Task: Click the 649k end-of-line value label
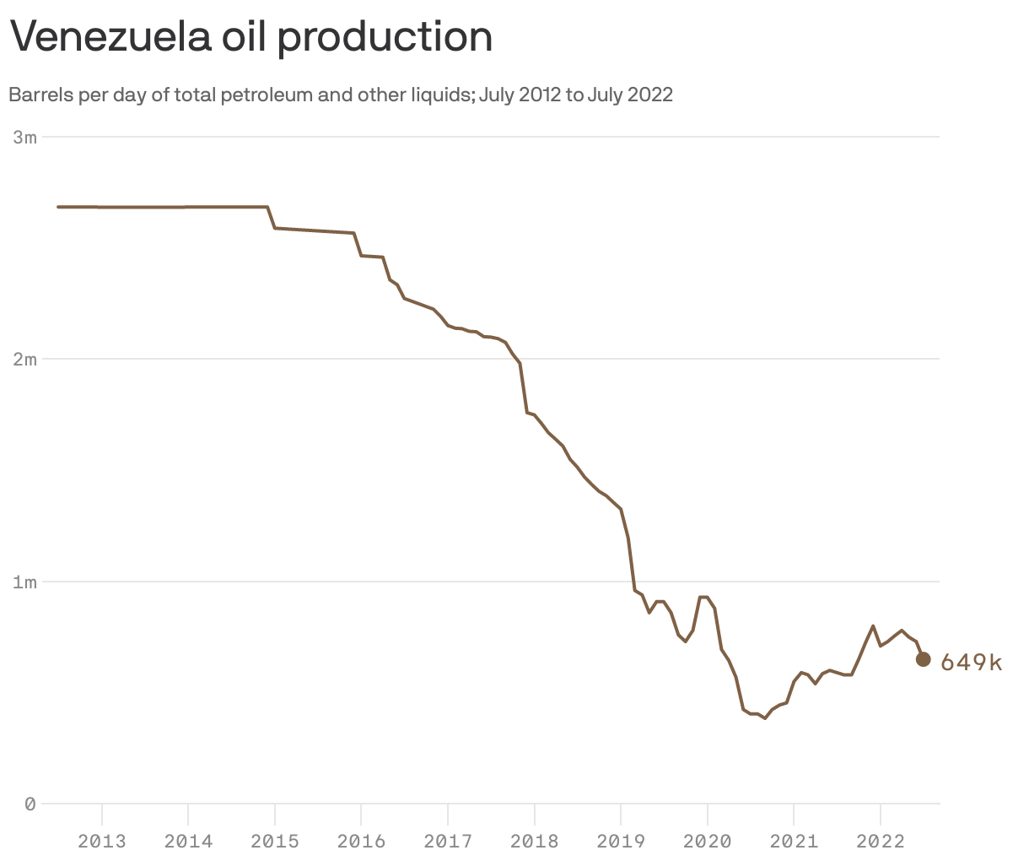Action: (971, 663)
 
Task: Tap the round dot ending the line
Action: (923, 659)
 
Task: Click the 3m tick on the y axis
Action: (25, 137)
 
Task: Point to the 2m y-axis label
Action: (25, 360)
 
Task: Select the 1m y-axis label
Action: (25, 582)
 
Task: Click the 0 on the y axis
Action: (30, 804)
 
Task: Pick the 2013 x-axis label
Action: (102, 841)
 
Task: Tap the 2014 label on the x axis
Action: (188, 841)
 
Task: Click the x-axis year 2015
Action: (275, 841)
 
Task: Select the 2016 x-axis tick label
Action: (361, 841)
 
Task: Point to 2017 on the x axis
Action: (448, 841)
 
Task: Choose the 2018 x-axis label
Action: (534, 841)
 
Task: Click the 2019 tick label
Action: (621, 841)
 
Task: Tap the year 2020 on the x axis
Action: (707, 841)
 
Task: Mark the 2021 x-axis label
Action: (794, 841)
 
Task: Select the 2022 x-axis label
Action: (881, 841)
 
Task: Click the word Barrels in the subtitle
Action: (40, 95)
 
